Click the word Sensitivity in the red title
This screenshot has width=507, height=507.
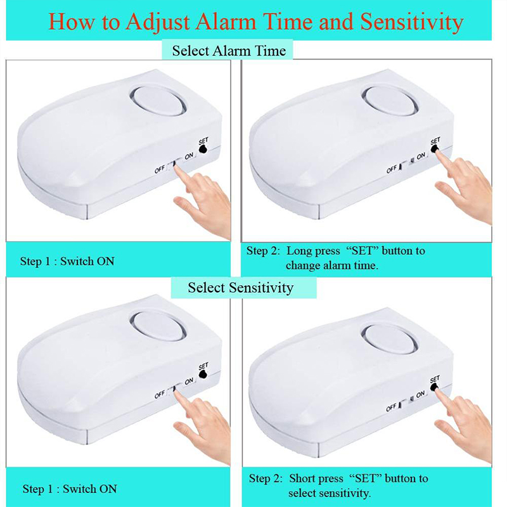tap(412, 22)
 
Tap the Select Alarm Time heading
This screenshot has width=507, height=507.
tap(229, 51)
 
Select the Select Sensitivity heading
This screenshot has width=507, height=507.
tap(241, 288)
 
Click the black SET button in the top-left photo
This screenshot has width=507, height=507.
tap(203, 149)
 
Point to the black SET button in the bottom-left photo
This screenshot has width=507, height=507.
tap(203, 374)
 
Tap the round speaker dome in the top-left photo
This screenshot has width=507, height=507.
tap(157, 99)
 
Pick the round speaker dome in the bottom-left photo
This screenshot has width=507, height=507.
tap(157, 326)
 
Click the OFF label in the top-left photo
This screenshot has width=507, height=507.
tap(160, 169)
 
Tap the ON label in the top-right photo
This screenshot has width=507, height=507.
tap(421, 156)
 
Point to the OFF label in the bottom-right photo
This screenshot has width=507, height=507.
tap(391, 408)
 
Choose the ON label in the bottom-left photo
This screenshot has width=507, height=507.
tap(189, 382)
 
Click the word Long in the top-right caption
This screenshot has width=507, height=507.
tap(298, 251)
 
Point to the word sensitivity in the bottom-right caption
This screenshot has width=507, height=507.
tap(347, 494)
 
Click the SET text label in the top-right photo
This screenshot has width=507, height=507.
tap(435, 141)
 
